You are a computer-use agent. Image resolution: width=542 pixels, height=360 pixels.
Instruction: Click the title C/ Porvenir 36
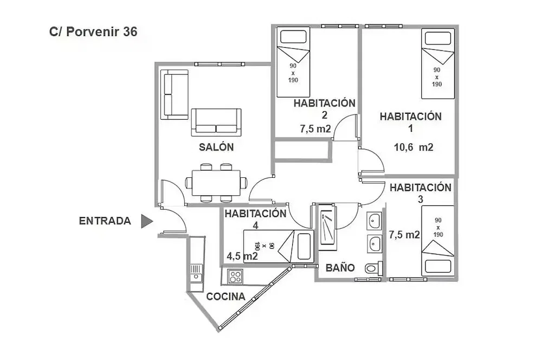[93, 32]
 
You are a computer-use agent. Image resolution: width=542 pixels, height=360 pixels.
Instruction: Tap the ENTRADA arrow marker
[146, 221]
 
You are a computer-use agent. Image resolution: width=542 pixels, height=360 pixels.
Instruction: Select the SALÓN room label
[216, 147]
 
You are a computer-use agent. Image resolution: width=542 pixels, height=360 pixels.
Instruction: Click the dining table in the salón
[216, 183]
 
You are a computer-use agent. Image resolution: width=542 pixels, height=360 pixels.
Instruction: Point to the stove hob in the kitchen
[235, 277]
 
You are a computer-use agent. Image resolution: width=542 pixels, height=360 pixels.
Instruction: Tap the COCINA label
[225, 297]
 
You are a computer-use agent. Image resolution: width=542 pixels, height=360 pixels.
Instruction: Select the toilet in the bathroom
[373, 268]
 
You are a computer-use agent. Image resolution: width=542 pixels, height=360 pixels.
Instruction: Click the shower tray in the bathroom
[327, 227]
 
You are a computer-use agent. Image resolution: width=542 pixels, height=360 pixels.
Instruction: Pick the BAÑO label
[340, 268]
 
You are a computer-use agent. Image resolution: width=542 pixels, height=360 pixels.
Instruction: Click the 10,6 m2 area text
[414, 147]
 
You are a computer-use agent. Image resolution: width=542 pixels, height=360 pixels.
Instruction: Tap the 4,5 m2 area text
[242, 256]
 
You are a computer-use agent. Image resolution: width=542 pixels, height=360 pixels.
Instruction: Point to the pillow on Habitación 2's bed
[293, 36]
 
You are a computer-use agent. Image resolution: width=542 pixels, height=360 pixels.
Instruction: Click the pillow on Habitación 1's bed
[437, 38]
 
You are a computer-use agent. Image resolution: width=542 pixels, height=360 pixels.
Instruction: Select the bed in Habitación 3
[437, 241]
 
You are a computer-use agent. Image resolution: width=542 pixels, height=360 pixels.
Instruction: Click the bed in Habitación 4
[279, 246]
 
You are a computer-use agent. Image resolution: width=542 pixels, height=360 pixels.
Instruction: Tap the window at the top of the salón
[220, 64]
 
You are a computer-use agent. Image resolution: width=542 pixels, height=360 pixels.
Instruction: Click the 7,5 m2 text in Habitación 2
[315, 129]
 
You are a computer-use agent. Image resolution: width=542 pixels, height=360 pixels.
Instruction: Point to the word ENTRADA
[105, 221]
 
